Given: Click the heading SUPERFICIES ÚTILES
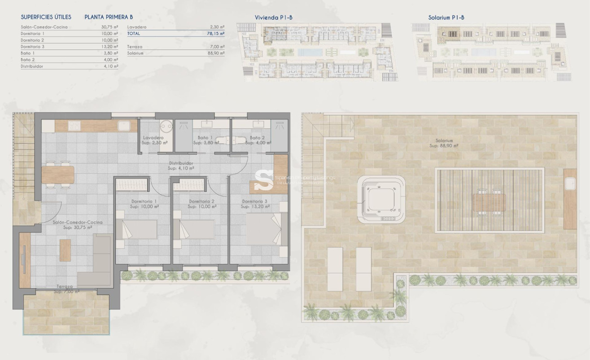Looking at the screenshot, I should pyautogui.click(x=46, y=18).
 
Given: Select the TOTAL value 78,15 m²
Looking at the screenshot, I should pyautogui.click(x=217, y=33).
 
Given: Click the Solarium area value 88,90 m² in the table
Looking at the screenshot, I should pyautogui.click(x=217, y=53).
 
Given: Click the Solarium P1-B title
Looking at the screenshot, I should pyautogui.click(x=446, y=18).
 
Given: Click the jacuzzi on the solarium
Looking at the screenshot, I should pyautogui.click(x=381, y=199).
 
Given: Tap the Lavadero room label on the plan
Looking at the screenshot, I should pyautogui.click(x=153, y=137).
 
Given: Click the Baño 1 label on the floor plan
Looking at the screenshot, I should pyautogui.click(x=205, y=137).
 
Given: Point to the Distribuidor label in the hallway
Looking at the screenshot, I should pyautogui.click(x=181, y=163).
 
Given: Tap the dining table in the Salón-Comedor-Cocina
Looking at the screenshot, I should pyautogui.click(x=58, y=175).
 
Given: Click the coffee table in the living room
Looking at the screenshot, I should pyautogui.click(x=65, y=250).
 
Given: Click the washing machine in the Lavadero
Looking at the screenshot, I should pyautogui.click(x=166, y=126).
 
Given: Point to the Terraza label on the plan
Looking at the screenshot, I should pyautogui.click(x=66, y=286).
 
